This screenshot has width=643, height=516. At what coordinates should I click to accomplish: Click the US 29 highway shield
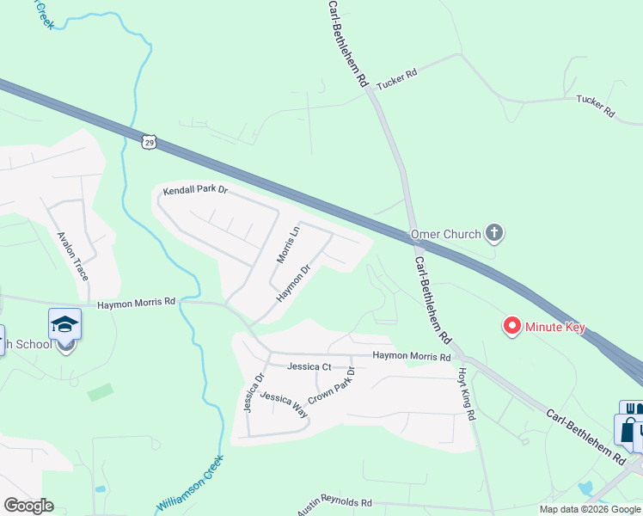[149, 140]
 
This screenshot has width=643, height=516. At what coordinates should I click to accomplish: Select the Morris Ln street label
[286, 245]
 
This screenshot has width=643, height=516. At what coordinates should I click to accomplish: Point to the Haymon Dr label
[292, 284]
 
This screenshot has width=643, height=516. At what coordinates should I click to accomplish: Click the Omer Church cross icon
[494, 232]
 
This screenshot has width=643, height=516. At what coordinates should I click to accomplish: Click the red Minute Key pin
[512, 326]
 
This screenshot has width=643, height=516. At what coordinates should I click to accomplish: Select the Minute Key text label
[557, 328]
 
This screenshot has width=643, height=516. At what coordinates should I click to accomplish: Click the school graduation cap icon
[65, 324]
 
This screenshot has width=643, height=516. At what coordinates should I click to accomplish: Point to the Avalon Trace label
[73, 255]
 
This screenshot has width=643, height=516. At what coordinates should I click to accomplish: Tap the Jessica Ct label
[309, 366]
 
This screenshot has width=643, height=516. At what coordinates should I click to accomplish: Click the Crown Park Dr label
[332, 385]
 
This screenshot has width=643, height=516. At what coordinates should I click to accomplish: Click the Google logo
[28, 506]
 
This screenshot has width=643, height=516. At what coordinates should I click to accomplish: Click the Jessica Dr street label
[254, 392]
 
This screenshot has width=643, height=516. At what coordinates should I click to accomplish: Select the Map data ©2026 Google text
[590, 509]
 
